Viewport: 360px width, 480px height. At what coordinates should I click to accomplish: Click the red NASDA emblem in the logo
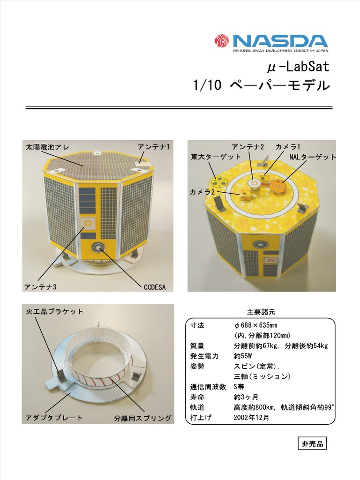click(221, 42)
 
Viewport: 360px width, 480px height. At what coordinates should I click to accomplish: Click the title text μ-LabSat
click(298, 67)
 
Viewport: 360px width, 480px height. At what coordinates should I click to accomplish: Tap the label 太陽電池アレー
click(51, 147)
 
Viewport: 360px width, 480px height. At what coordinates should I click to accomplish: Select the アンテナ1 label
click(153, 147)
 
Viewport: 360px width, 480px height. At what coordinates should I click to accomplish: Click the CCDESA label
click(155, 286)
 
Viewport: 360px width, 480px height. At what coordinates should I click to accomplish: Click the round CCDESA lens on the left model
click(99, 247)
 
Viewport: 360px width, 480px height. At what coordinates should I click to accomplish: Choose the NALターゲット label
click(312, 157)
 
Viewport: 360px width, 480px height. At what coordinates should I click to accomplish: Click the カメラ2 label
click(202, 192)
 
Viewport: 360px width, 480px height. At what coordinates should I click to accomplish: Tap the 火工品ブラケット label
click(54, 311)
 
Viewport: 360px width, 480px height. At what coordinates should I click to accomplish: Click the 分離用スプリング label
click(142, 418)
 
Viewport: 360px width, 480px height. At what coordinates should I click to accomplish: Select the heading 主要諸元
click(259, 312)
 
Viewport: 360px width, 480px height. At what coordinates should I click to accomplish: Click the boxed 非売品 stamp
click(312, 443)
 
